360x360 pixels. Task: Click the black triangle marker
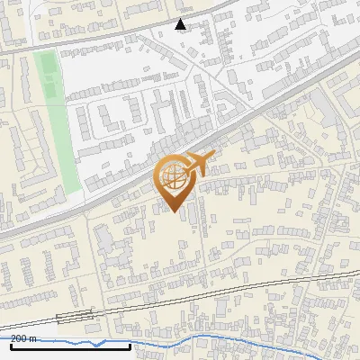[181, 24]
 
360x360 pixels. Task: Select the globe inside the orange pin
[174, 178]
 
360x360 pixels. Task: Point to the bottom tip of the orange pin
[173, 212]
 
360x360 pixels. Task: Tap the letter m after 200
[33, 338]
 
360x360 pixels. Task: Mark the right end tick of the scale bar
[130, 345]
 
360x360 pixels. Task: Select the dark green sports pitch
[46, 76]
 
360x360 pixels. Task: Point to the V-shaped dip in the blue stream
[96, 344]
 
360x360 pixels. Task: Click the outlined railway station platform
[75, 315]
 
